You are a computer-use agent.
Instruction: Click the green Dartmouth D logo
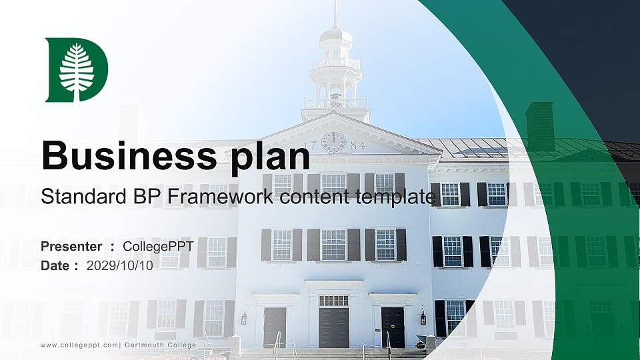pos(76,70)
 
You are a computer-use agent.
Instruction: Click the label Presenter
pos(71,247)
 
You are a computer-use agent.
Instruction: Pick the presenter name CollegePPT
pos(158,247)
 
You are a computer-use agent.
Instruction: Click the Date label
pos(55,265)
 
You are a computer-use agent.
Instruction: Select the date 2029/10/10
pos(120,265)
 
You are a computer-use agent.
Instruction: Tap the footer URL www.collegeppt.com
pos(79,345)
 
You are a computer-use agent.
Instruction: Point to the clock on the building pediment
pos(333,142)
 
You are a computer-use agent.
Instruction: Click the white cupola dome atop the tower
pos(335,37)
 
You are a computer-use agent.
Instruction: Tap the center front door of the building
pos(333,323)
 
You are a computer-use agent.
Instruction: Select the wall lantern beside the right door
pos(423,317)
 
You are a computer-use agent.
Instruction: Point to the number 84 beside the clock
pos(357,145)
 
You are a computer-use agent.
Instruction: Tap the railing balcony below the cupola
pos(335,103)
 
